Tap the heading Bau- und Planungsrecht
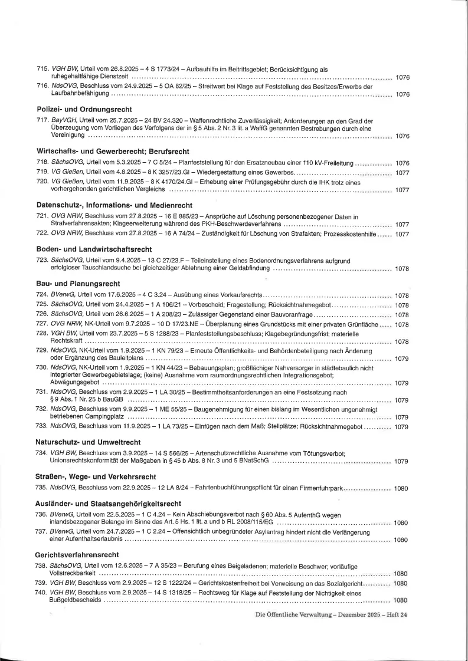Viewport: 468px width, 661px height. click(75, 284)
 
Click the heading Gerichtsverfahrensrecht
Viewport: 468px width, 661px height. click(77, 555)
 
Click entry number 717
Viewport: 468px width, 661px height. click(42, 120)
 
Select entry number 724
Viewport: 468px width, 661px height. click(42, 295)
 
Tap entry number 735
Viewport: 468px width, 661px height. click(42, 488)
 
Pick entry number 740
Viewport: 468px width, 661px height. click(42, 592)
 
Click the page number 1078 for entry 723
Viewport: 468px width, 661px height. click(401, 269)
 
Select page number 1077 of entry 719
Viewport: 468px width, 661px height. click(401, 173)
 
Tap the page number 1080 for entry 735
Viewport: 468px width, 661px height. click(401, 488)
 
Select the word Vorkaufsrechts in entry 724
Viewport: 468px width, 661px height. click(238, 295)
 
